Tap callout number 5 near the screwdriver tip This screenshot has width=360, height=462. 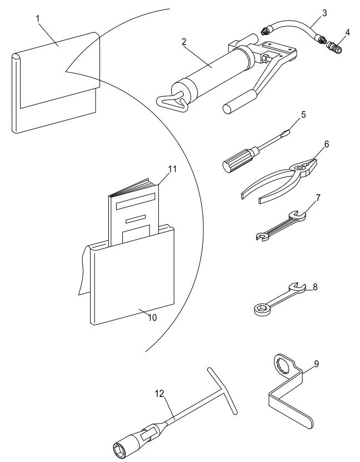coord(302,116)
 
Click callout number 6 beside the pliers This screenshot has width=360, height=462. coord(326,144)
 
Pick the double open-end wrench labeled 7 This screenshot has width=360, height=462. coord(281,225)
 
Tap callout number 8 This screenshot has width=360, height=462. coord(315,287)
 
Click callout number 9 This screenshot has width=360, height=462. coord(316,364)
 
